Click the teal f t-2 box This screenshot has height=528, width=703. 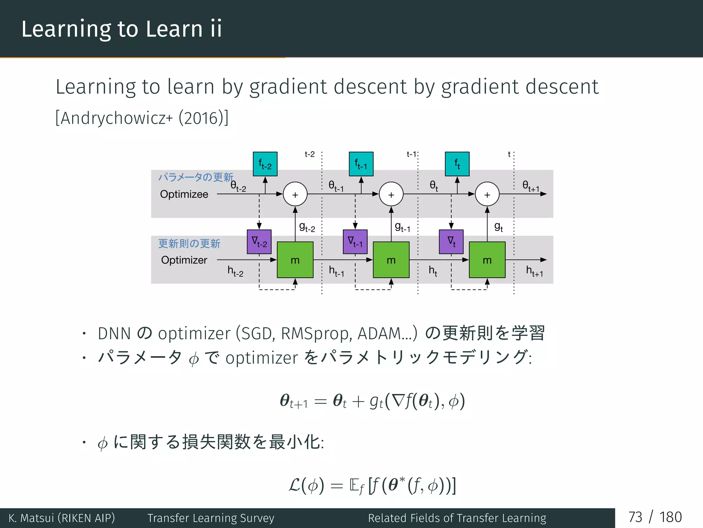click(x=265, y=164)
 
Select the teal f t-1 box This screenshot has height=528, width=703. click(x=361, y=164)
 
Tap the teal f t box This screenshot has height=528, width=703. click(x=457, y=164)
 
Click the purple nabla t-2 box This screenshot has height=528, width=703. click(x=259, y=242)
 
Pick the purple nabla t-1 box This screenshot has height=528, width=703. click(x=355, y=242)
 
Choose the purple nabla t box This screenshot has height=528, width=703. click(x=451, y=242)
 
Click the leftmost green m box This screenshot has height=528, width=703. click(x=295, y=260)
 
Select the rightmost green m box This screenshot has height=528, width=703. click(x=487, y=260)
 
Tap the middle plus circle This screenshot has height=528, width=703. click(x=391, y=194)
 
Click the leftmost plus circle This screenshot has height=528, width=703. click(x=295, y=194)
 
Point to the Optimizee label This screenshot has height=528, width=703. click(x=184, y=194)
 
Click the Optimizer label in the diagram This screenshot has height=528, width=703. click(x=184, y=260)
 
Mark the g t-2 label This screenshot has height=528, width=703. click(x=307, y=227)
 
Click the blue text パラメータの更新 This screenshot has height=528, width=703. click(x=196, y=177)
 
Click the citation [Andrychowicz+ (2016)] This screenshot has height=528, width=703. click(x=142, y=118)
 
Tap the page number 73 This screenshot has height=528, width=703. click(x=635, y=517)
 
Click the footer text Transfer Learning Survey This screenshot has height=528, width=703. click(x=211, y=518)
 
